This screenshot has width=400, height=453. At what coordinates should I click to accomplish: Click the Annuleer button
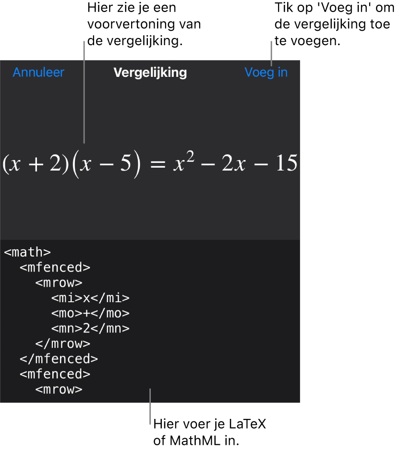(38, 73)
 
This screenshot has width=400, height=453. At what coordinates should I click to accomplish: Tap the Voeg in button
(266, 73)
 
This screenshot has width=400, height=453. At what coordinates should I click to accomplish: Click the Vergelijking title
(150, 73)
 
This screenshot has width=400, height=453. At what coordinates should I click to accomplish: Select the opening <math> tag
(27, 252)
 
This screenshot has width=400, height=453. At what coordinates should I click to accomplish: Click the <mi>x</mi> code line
(90, 298)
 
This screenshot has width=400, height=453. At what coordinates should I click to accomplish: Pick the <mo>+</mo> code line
(90, 313)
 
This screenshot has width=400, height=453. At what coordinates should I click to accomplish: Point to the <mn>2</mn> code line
(90, 329)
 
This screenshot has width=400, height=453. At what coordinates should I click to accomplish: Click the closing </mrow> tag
(62, 344)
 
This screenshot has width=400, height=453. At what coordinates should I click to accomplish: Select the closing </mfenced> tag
(59, 359)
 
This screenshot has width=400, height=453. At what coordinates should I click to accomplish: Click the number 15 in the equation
(287, 164)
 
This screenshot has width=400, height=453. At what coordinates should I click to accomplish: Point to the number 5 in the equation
(125, 164)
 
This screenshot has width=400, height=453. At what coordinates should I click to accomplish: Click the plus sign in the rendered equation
(37, 164)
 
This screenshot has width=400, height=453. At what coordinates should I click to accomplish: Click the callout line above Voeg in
(271, 53)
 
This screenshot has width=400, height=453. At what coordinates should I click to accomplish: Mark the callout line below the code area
(150, 406)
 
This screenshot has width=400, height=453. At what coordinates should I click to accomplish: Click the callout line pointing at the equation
(84, 91)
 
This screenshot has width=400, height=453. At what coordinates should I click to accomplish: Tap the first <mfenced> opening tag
(55, 268)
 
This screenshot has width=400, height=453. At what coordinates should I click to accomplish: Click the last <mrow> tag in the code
(59, 390)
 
